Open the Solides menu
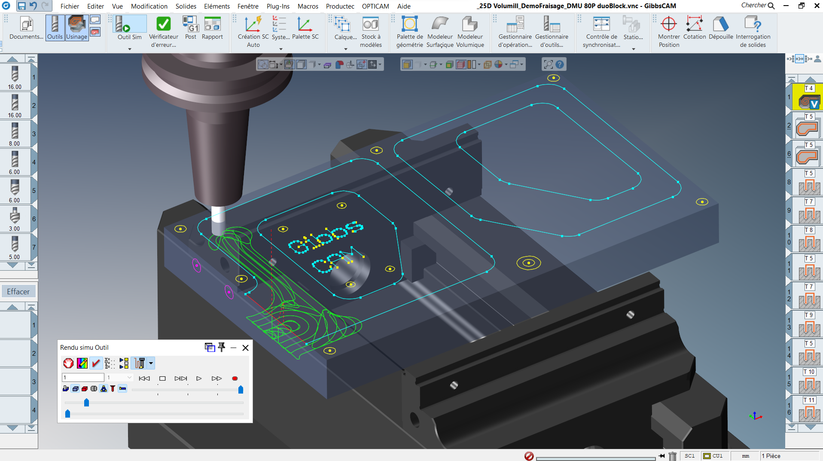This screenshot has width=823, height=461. [186, 6]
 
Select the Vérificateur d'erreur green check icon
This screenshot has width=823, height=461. [163, 24]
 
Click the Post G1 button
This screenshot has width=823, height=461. [190, 24]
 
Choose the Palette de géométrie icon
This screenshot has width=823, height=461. [409, 24]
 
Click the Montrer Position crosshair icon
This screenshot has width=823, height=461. [668, 24]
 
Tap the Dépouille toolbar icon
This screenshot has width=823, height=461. [720, 24]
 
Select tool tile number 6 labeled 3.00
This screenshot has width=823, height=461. [15, 218]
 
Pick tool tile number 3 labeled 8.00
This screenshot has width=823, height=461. [15, 133]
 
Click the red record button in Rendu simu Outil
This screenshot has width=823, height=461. [235, 379]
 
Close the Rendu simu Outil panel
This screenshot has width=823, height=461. [245, 348]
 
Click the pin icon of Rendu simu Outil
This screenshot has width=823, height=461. [222, 347]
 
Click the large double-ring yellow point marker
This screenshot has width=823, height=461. [529, 263]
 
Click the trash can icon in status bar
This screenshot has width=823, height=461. [673, 456]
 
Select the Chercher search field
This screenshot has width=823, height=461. [758, 6]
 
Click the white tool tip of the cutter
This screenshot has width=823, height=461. [218, 215]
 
